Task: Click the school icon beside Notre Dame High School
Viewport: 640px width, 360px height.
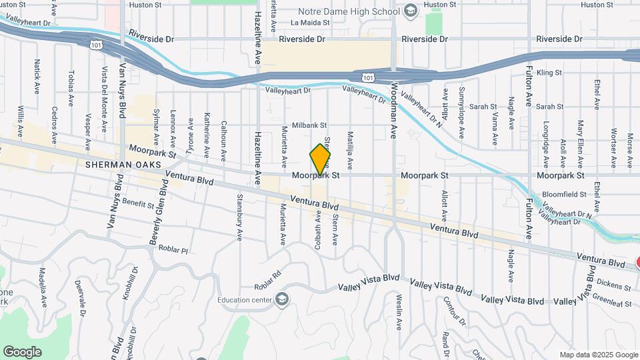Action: (410, 11)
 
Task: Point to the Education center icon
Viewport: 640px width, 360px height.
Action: (282, 299)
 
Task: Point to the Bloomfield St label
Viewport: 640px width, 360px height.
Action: (564, 194)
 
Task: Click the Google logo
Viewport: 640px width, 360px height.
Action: (22, 351)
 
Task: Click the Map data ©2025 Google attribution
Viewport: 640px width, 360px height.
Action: (598, 355)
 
